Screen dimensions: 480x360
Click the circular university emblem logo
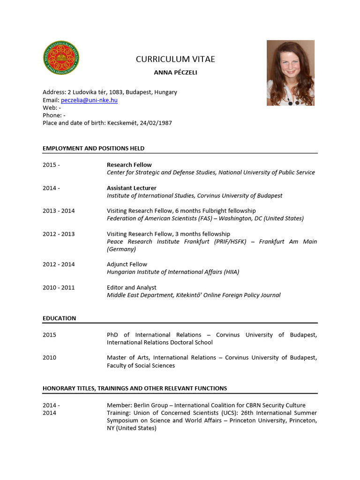[61, 58]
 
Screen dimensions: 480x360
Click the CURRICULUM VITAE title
[175, 59]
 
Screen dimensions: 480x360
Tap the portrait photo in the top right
[291, 73]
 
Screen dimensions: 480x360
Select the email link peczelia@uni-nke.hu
[89, 100]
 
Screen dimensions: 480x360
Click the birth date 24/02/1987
[157, 123]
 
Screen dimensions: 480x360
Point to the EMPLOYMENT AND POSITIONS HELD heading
[94, 148]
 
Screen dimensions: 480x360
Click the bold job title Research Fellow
[129, 165]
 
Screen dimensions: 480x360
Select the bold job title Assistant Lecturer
[132, 188]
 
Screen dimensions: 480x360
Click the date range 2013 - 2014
[59, 211]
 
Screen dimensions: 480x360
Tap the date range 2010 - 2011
[59, 287]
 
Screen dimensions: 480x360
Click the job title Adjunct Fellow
[127, 264]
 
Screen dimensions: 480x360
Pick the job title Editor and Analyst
[132, 287]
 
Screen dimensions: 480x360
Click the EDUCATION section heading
[59, 318]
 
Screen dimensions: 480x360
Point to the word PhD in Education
[113, 335]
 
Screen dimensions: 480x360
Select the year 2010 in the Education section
[49, 358]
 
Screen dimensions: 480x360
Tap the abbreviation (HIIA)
[229, 272]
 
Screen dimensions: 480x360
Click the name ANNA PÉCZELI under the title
[172, 73]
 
